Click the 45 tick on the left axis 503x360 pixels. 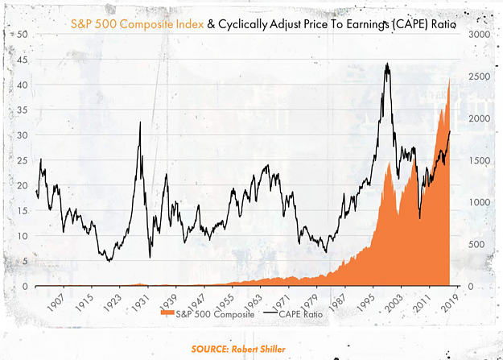pyautogui.click(x=23, y=60)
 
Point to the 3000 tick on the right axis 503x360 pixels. pyautogui.click(x=480, y=35)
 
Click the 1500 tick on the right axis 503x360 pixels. pyautogui.click(x=480, y=160)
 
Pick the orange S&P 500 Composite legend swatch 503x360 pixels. pyautogui.click(x=167, y=313)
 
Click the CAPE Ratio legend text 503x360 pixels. pyautogui.click(x=300, y=314)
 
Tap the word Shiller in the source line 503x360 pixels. pyautogui.click(x=272, y=349)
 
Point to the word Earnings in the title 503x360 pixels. pyautogui.click(x=366, y=24)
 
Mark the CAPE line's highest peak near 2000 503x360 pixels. pyautogui.click(x=388, y=63)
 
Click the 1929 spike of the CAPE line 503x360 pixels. pyautogui.click(x=140, y=122)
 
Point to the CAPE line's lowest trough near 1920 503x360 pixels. pyautogui.click(x=109, y=262)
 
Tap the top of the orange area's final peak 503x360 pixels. pyautogui.click(x=449, y=78)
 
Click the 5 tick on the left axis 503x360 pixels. pyautogui.click(x=25, y=261)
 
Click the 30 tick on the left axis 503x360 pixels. pyautogui.click(x=23, y=134)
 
